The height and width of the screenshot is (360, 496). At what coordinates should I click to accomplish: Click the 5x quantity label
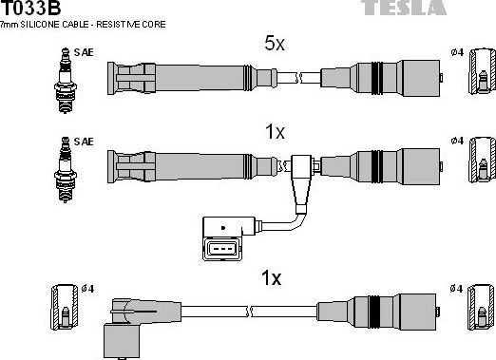274,43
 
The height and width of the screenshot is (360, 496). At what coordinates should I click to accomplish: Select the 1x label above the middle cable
274,133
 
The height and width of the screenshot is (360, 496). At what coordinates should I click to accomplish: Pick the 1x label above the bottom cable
271,278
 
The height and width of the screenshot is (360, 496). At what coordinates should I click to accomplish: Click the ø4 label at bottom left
86,288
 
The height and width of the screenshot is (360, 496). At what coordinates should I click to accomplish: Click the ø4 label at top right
458,53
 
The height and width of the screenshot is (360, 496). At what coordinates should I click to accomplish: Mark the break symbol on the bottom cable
249,310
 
